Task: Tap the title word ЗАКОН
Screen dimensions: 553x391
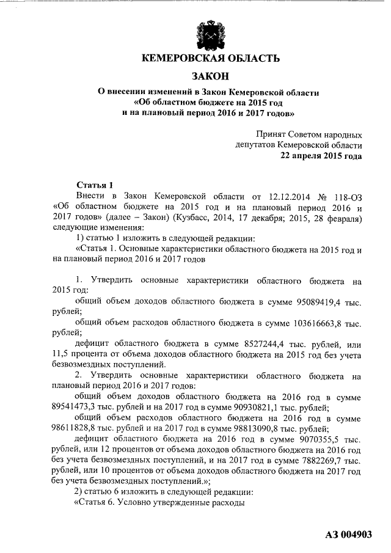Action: pyautogui.click(x=210, y=76)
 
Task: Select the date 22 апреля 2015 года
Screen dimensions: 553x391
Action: pyautogui.click(x=321, y=156)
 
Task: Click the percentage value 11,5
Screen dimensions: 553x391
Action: pyautogui.click(x=62, y=354)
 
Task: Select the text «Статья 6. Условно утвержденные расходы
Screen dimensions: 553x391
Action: pyautogui.click(x=159, y=502)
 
